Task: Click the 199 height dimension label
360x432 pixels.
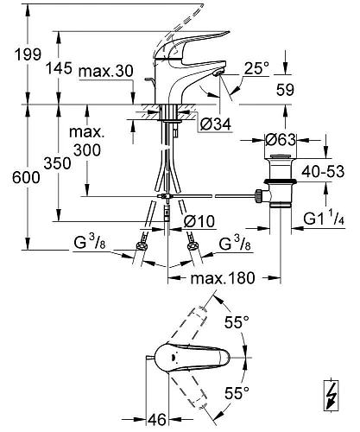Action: (x=28, y=54)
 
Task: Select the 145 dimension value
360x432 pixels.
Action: (x=59, y=68)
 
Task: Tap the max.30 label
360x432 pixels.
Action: (x=106, y=71)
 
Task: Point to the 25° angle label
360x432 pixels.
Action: (x=256, y=68)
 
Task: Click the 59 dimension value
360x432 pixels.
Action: (x=285, y=90)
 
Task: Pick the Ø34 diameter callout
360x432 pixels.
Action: (x=216, y=124)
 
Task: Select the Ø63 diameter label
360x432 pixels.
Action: (x=281, y=140)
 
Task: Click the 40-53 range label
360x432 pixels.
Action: (x=323, y=172)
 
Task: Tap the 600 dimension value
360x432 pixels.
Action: (x=26, y=177)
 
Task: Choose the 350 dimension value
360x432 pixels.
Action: (x=57, y=163)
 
